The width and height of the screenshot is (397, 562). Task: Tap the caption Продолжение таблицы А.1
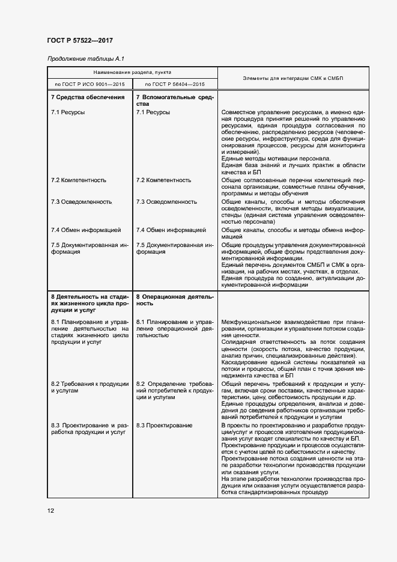click(85, 58)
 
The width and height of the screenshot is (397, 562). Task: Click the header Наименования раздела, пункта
click(132, 72)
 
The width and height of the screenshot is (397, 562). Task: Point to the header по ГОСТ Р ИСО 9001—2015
click(89, 84)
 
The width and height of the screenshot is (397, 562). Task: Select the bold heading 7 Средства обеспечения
click(88, 97)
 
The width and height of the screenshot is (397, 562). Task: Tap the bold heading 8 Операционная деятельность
click(174, 300)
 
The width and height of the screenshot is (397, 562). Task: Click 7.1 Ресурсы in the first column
click(67, 112)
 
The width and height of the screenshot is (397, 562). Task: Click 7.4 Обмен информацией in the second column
click(171, 230)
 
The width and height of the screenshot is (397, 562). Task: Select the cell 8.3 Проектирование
click(164, 425)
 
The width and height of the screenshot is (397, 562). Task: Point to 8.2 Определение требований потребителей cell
click(174, 390)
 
